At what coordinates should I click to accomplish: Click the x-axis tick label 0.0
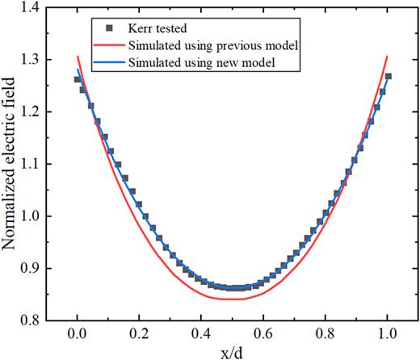point(78,334)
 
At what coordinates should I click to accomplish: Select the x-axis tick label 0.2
point(140,334)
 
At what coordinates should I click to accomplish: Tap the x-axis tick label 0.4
point(202,334)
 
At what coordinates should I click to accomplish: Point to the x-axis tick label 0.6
point(264,334)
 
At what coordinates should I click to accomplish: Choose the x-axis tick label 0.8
point(326,334)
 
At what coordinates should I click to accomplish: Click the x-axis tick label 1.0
point(388,334)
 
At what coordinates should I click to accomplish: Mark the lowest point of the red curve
point(233,299)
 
